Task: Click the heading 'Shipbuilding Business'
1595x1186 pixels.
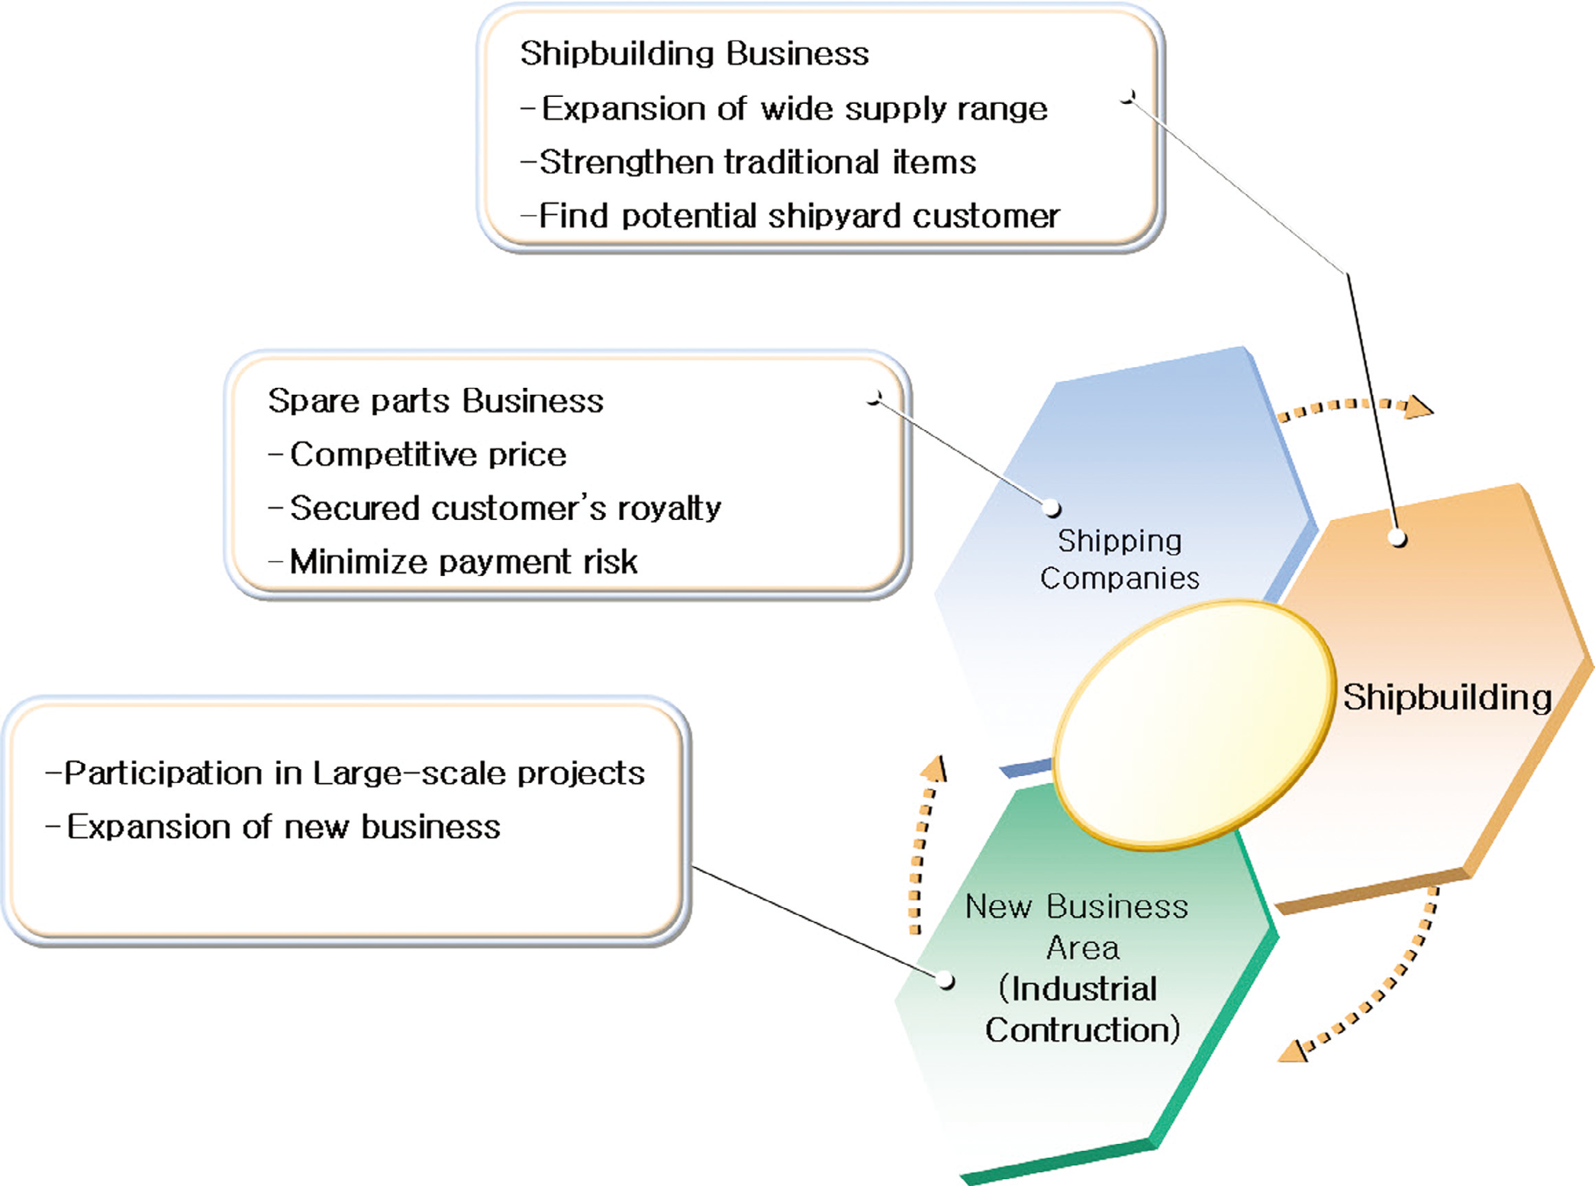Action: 694,54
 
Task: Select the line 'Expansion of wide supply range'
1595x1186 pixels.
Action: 794,109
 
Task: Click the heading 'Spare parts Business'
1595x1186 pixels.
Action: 435,401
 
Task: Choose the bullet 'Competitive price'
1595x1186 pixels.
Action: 427,455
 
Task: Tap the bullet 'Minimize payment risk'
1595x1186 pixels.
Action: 462,562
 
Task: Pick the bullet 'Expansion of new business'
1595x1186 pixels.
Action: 282,827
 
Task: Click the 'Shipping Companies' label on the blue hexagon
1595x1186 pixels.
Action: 1119,560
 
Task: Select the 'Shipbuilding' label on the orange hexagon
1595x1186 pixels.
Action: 1447,697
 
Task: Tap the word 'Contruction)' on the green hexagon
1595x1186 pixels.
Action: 1082,1030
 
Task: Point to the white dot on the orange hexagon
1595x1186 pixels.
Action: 1397,538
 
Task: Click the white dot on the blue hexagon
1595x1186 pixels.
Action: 1052,508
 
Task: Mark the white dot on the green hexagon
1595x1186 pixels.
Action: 946,980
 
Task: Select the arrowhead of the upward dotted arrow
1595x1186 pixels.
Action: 936,768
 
